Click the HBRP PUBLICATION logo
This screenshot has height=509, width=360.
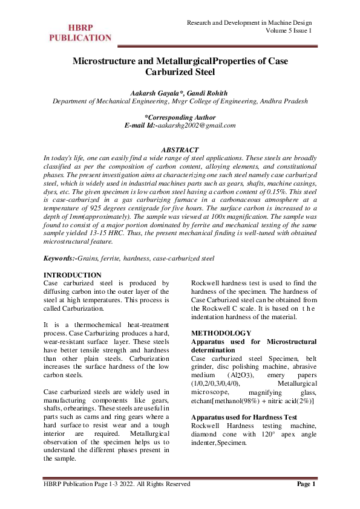coord(80,33)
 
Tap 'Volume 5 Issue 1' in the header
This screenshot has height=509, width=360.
coord(289,31)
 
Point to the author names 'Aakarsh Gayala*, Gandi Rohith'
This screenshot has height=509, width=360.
coord(180,94)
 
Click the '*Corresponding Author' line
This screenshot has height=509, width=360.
coord(180,117)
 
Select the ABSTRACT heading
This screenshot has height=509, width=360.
coord(180,149)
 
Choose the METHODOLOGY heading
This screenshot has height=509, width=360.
coord(221,334)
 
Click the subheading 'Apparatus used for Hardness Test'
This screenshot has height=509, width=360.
coord(244,417)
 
